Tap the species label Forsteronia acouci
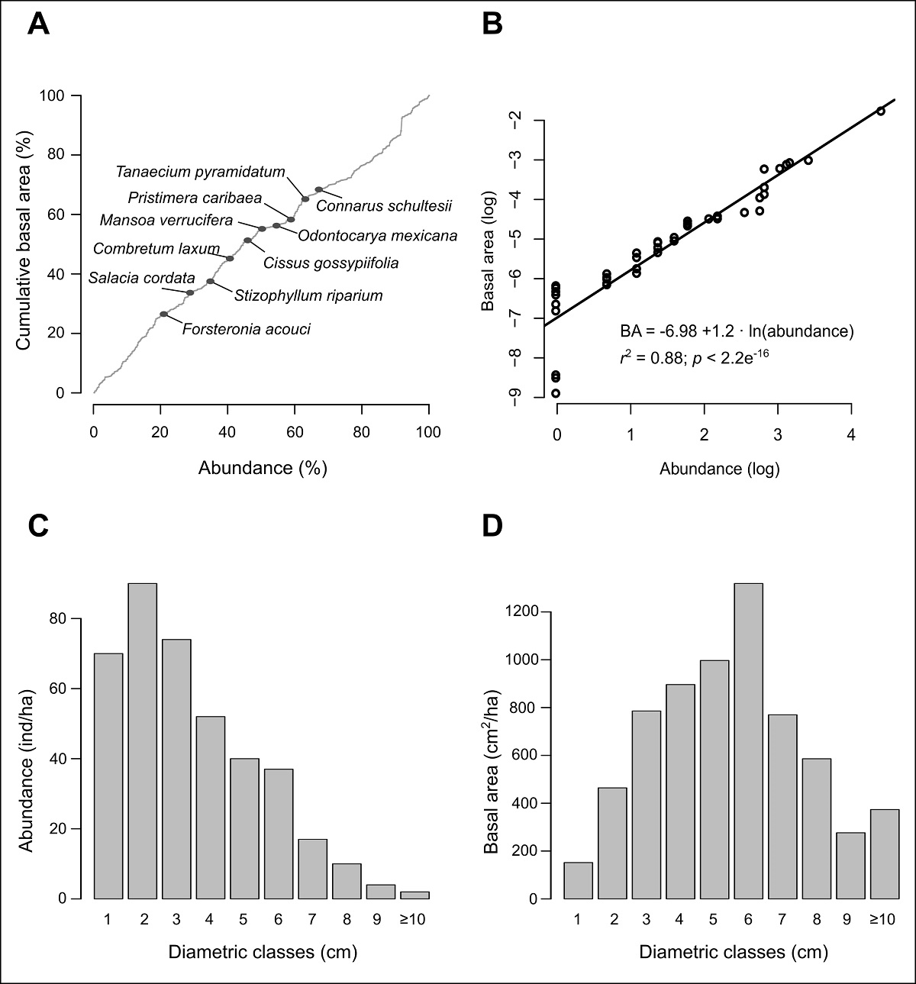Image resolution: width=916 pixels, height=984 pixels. click(247, 330)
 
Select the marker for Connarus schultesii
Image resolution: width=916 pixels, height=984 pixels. click(319, 189)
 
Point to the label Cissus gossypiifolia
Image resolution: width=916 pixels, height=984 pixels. click(331, 263)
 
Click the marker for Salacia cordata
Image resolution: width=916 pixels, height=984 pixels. click(190, 293)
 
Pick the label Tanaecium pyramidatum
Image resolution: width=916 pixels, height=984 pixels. click(201, 172)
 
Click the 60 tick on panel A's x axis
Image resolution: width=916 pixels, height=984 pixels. click(295, 432)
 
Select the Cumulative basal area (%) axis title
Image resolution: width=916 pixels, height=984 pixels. click(24, 244)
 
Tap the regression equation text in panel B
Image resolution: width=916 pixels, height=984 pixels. click(736, 331)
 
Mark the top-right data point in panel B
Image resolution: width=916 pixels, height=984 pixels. click(880, 111)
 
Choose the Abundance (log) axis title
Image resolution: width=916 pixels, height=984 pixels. click(719, 469)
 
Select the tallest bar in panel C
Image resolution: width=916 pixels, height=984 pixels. click(143, 740)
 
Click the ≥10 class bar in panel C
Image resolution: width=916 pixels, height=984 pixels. click(414, 895)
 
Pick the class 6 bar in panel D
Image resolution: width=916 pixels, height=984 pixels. click(747, 740)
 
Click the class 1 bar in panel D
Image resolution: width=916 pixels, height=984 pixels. click(578, 880)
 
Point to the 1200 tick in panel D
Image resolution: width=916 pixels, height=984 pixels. click(524, 611)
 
